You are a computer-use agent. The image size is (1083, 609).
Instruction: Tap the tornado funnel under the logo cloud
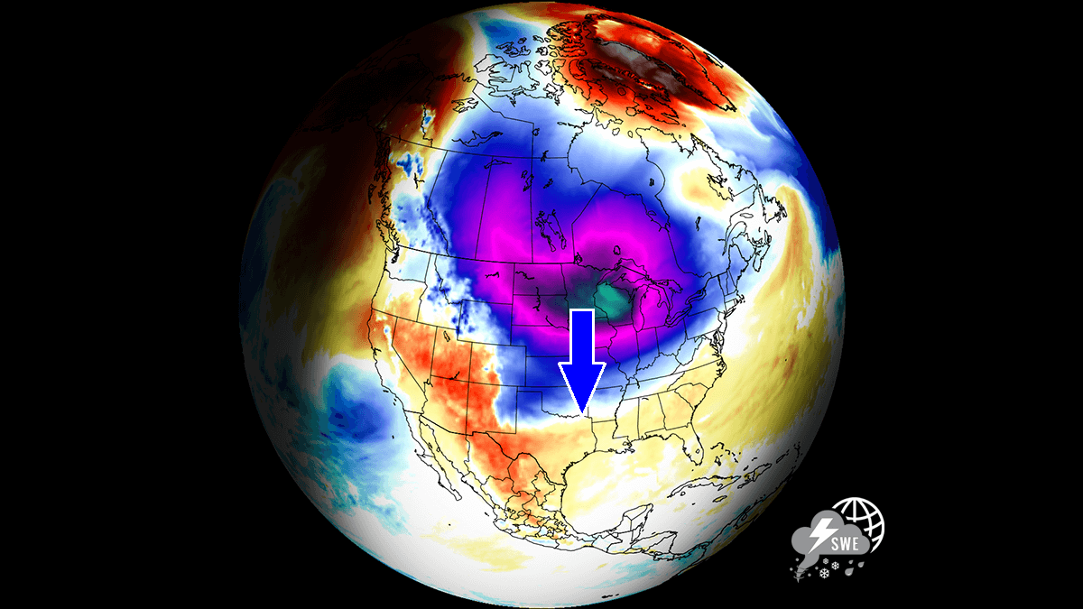800,566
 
